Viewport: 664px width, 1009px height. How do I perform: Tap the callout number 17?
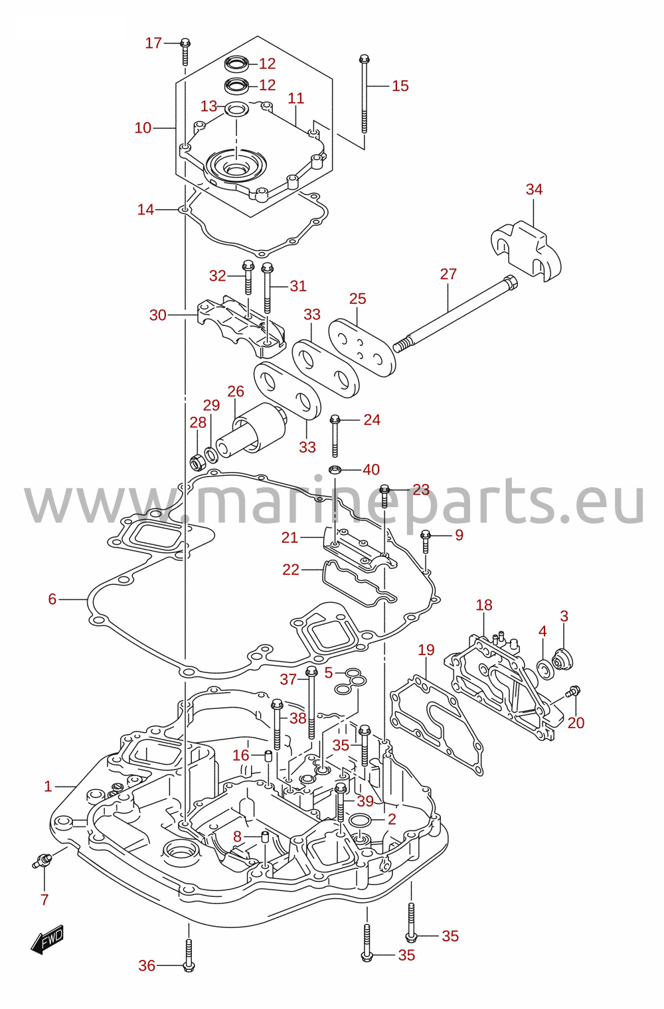point(153,43)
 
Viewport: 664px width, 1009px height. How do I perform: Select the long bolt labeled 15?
point(364,94)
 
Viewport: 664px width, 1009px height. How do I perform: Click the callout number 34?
point(534,189)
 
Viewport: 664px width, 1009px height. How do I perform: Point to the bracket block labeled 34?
point(526,251)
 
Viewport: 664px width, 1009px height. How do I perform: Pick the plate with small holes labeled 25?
point(362,347)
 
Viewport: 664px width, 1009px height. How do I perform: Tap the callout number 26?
point(236,392)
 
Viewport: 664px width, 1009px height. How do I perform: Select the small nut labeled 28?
point(196,462)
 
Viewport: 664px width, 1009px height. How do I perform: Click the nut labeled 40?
point(335,470)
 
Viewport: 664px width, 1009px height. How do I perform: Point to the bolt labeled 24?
point(335,436)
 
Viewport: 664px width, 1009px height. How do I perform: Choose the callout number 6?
point(52,599)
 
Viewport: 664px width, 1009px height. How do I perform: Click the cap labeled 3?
point(562,659)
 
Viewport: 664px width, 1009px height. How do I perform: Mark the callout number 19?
point(426,649)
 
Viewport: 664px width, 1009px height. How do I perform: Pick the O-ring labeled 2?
point(361,820)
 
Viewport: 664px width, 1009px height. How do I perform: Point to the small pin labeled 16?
point(268,755)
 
